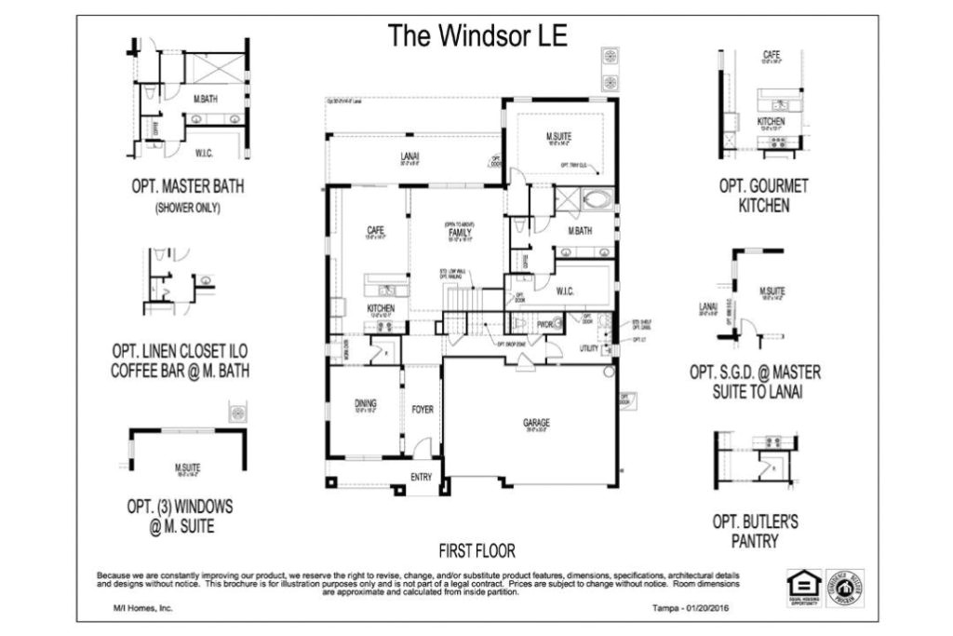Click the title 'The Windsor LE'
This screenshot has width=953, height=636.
point(476,35)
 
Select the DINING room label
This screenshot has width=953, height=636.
point(365,403)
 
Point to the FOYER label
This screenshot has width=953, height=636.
point(423,409)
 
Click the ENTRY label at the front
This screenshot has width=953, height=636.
point(423,477)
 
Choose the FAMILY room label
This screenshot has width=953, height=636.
point(458,233)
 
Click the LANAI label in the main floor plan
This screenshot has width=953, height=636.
point(409,156)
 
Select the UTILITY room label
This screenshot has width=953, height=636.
point(588,347)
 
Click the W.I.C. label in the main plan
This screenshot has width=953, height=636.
point(565,291)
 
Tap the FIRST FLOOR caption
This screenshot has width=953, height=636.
point(476,550)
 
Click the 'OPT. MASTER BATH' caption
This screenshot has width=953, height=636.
point(188,186)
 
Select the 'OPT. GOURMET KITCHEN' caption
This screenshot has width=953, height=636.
point(763,195)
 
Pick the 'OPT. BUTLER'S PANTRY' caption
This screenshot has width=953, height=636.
point(755,531)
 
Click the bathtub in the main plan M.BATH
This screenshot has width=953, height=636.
point(596,198)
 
